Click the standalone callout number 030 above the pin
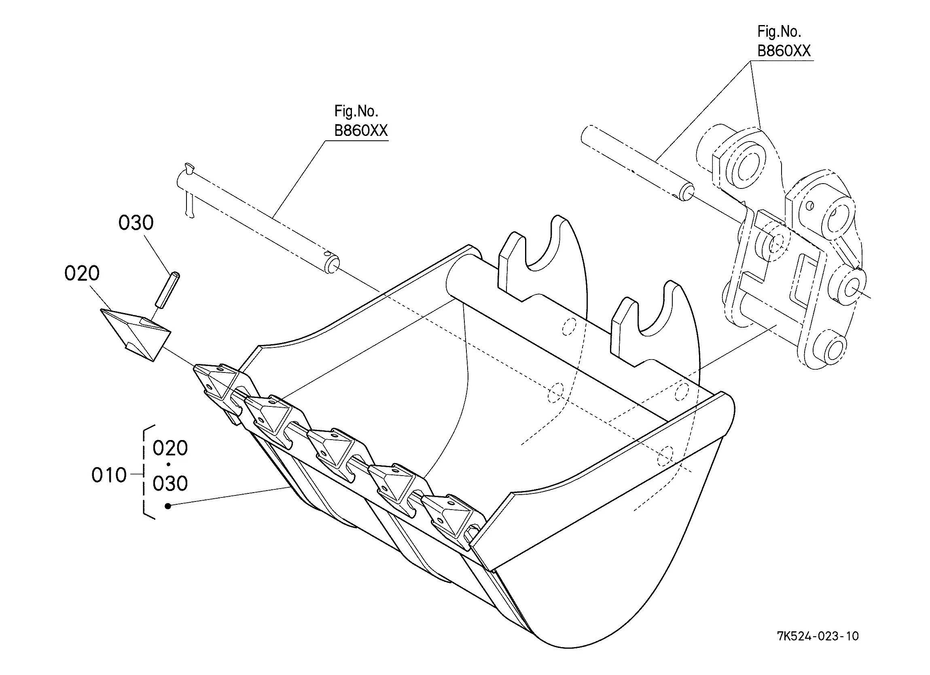click(x=136, y=223)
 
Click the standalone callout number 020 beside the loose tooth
click(x=82, y=273)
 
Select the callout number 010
click(x=109, y=475)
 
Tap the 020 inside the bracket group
click(x=170, y=448)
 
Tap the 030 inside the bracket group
click(x=170, y=483)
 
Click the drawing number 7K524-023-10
click(x=818, y=637)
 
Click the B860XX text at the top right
click(x=784, y=51)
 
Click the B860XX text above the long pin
click(x=361, y=130)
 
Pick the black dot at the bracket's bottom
click(x=168, y=506)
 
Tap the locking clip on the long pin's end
click(x=189, y=190)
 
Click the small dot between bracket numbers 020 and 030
click(x=169, y=465)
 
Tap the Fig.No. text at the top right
click(x=779, y=31)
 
